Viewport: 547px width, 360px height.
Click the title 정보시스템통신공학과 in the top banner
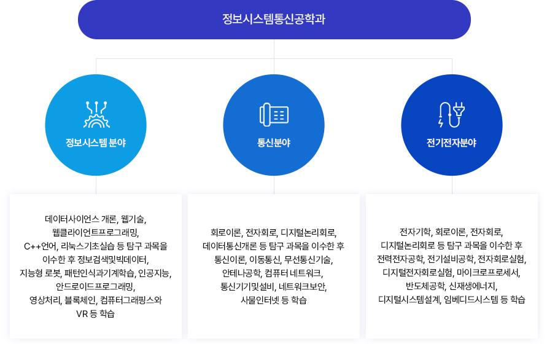tap(274, 19)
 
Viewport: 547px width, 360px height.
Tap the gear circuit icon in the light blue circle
tap(96, 114)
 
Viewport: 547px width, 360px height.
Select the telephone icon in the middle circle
tap(274, 114)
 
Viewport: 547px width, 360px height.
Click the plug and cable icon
tap(452, 114)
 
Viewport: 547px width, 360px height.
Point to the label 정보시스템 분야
tap(96, 143)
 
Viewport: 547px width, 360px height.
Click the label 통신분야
tap(274, 143)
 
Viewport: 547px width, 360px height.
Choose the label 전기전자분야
tap(451, 143)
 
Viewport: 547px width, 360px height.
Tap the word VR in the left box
tap(82, 313)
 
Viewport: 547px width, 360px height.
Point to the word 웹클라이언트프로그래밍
tap(95, 233)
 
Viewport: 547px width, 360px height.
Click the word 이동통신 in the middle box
tap(265, 260)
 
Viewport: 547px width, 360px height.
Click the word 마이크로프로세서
tap(487, 273)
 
